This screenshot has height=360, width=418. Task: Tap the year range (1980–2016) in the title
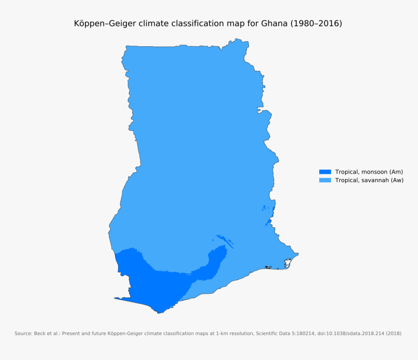pyautogui.click(x=316, y=23)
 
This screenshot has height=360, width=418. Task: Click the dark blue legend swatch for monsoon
pyautogui.click(x=325, y=172)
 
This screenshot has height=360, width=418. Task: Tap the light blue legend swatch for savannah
pyautogui.click(x=325, y=180)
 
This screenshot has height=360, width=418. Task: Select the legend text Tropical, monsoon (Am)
pyautogui.click(x=369, y=172)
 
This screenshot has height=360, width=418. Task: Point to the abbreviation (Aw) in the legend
pyautogui.click(x=397, y=180)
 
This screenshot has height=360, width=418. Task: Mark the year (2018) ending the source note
pyautogui.click(x=394, y=334)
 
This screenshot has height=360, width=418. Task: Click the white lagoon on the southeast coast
pyautogui.click(x=288, y=262)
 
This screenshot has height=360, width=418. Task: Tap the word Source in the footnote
pyautogui.click(x=23, y=334)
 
